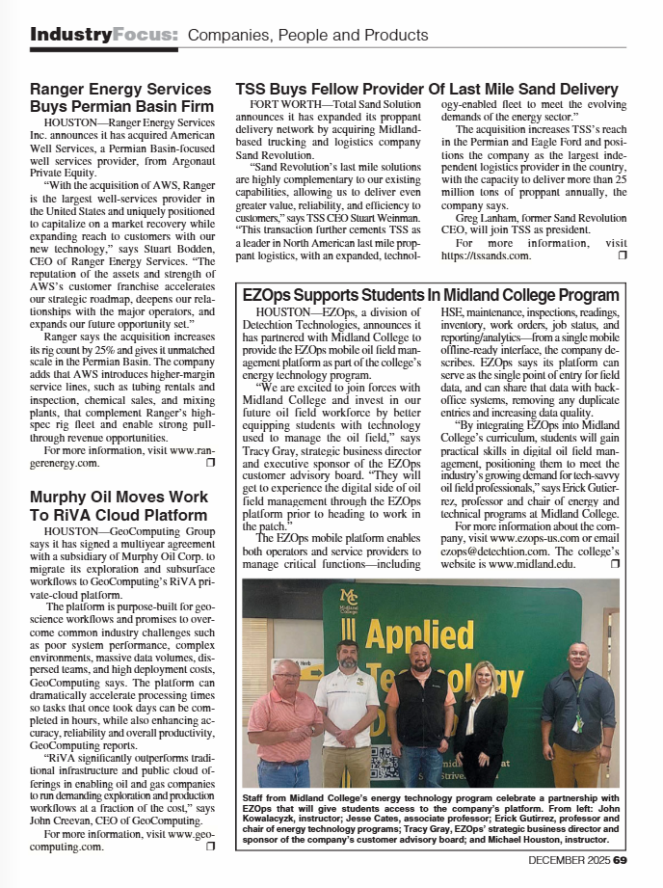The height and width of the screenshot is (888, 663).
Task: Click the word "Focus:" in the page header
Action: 145,36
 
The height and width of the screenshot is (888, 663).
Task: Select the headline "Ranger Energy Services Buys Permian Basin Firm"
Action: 121,97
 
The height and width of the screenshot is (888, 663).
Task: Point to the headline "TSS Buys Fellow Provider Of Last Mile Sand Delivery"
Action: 427,90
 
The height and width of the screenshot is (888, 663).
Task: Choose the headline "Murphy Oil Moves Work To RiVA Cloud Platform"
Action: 119,505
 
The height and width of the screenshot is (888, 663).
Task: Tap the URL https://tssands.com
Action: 487,255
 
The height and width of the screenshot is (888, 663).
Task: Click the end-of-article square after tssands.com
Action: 622,255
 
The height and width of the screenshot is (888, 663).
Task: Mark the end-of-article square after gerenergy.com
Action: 210,463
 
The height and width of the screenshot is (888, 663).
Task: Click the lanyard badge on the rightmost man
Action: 577,722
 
